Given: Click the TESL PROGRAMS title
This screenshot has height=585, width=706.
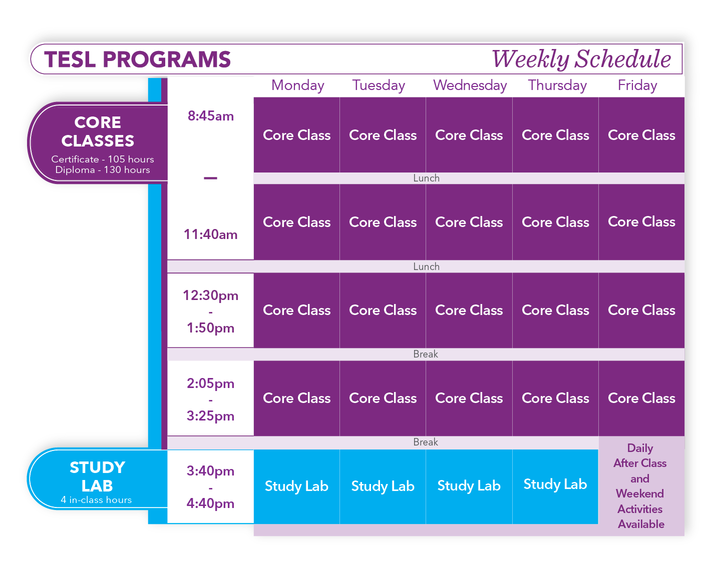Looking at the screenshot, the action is click(137, 59).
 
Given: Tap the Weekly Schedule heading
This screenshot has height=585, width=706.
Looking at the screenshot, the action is click(581, 59).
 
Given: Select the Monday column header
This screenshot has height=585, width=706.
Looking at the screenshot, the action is click(297, 85).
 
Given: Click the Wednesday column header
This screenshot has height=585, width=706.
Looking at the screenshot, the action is click(470, 85).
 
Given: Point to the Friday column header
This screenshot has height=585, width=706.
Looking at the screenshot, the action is click(637, 85).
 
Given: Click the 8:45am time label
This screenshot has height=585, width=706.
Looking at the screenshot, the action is click(211, 116).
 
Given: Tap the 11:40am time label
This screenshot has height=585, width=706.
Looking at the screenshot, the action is click(210, 234).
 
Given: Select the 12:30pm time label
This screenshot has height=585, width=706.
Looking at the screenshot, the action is click(210, 295).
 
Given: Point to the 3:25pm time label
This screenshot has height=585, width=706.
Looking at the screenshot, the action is click(210, 416).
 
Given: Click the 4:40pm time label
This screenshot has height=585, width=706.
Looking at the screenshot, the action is click(210, 503).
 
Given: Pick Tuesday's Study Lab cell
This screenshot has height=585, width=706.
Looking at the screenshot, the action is click(383, 486).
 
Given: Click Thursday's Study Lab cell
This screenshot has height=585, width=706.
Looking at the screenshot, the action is click(555, 486).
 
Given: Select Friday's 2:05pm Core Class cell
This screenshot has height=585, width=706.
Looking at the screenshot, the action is click(641, 398).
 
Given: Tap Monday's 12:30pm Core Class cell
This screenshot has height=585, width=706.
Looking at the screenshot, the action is click(296, 310).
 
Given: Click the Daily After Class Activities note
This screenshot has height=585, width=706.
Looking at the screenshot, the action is click(640, 486).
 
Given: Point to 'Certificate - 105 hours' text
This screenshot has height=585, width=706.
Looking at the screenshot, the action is click(103, 159).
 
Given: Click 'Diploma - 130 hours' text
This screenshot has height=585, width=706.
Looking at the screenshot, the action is click(103, 169).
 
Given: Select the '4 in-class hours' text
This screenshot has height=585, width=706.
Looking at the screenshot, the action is click(96, 499).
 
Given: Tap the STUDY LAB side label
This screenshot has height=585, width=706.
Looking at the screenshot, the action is click(97, 476).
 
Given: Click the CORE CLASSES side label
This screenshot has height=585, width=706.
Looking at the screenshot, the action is click(98, 131).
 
